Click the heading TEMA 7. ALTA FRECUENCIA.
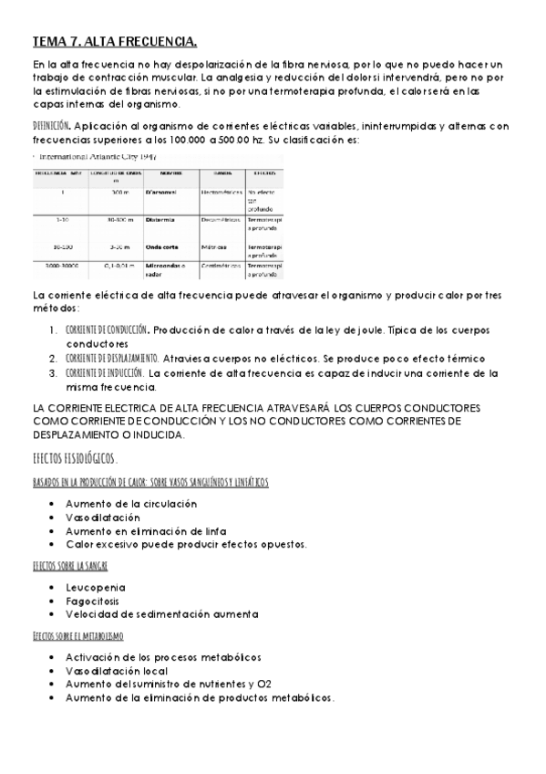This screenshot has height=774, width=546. click(x=115, y=42)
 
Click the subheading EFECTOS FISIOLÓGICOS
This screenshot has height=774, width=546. click(x=75, y=457)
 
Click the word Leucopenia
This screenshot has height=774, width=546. click(x=96, y=587)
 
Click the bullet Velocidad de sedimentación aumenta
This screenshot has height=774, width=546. click(x=161, y=614)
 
